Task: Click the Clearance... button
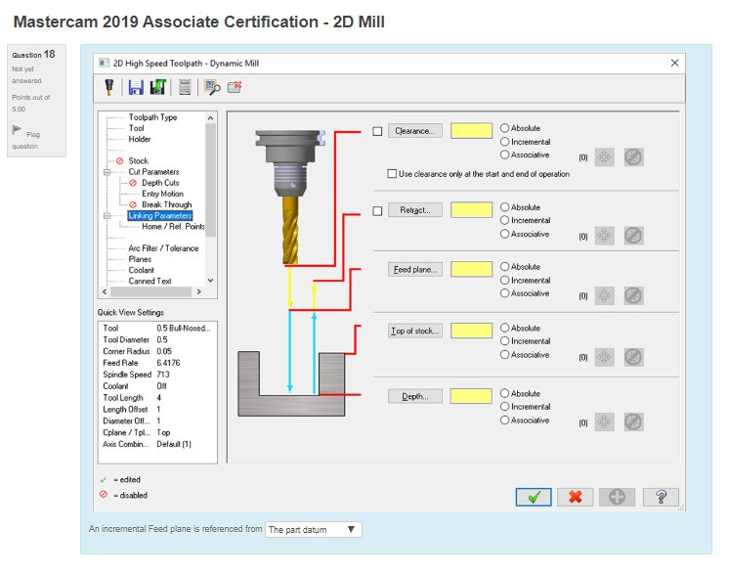416,131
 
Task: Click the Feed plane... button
416,270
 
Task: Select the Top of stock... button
416,332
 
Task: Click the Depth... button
416,396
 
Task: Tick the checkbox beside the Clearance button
378,131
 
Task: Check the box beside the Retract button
378,210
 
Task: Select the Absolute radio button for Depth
504,393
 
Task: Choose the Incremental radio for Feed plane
504,280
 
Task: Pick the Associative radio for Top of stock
504,355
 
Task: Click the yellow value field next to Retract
472,210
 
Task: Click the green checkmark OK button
533,497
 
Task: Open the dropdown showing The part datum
313,529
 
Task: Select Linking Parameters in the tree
159,215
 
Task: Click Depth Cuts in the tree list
160,183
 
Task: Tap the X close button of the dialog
674,63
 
